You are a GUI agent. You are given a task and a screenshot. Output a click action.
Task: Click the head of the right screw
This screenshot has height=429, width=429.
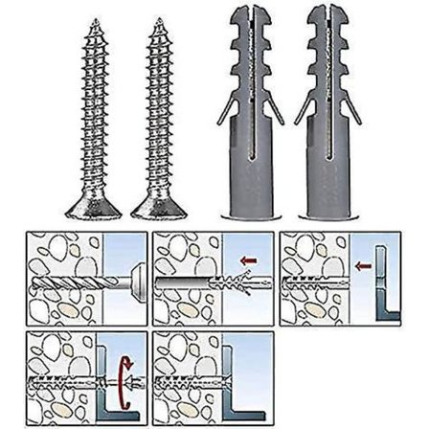pyautogui.click(x=155, y=207)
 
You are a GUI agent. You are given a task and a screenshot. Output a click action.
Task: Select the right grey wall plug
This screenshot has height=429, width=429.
pyautogui.click(x=325, y=124)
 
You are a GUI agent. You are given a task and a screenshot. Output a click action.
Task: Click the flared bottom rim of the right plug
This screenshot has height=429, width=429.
pyautogui.click(x=325, y=213)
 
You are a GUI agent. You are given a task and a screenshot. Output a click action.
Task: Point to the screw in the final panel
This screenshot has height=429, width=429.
pyautogui.click(x=201, y=379)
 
